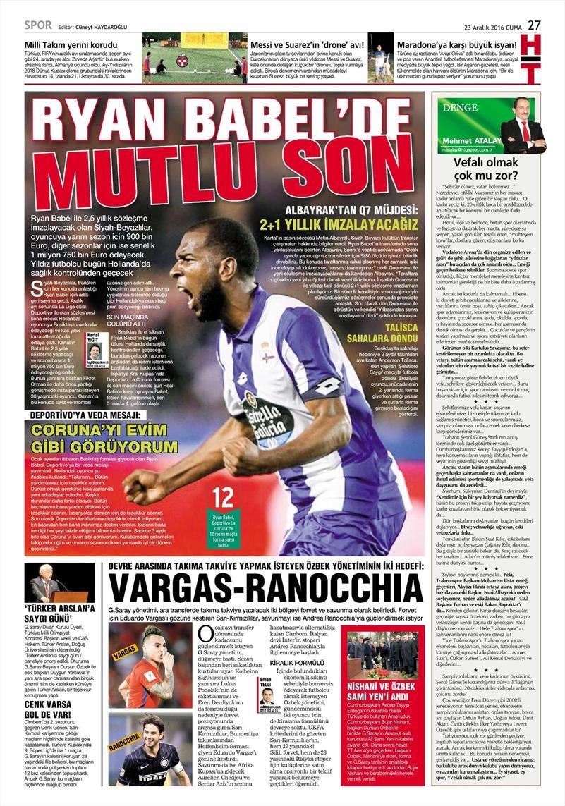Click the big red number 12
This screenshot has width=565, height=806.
point(223,496)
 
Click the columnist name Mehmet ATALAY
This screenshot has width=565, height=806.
point(467,141)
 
